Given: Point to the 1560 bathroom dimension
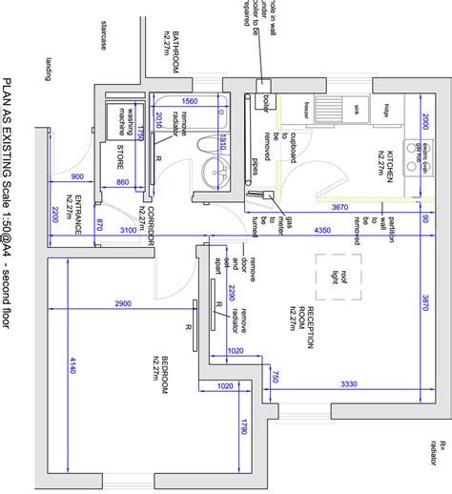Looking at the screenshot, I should pyautogui.click(x=190, y=101).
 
